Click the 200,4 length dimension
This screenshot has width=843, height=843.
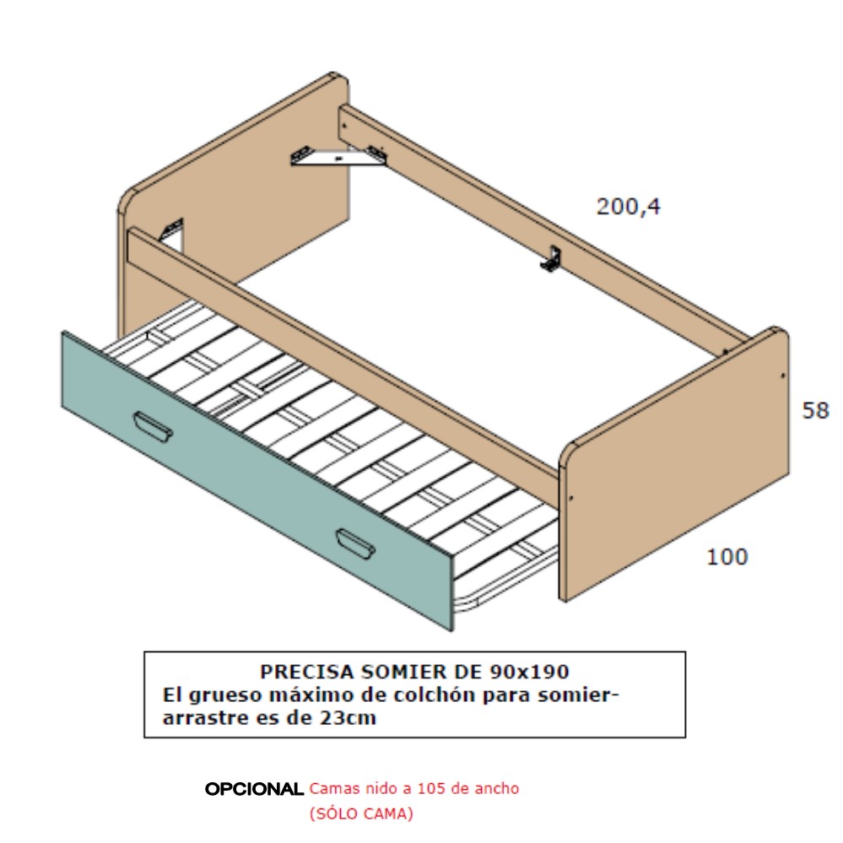(x=628, y=207)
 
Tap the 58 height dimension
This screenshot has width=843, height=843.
(x=816, y=411)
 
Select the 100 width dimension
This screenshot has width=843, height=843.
(x=727, y=557)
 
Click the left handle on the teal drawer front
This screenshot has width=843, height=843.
(x=153, y=427)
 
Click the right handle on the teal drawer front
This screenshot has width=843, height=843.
(x=355, y=543)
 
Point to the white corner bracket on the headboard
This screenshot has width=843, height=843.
(x=338, y=156)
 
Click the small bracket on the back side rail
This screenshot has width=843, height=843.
(x=552, y=258)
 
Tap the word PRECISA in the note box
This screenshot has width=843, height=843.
(x=307, y=672)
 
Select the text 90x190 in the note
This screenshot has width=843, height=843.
(x=530, y=672)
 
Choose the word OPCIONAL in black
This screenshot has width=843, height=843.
(x=254, y=789)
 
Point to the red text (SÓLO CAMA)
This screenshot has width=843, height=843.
(x=361, y=813)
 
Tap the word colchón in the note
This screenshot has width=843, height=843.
(x=435, y=695)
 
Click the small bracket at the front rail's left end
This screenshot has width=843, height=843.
(x=172, y=231)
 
